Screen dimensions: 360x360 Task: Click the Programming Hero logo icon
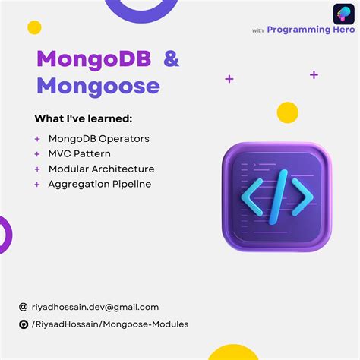(x=343, y=14)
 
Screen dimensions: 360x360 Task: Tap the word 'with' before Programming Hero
(x=257, y=31)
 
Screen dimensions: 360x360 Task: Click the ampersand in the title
(x=172, y=59)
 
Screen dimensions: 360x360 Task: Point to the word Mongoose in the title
(x=99, y=86)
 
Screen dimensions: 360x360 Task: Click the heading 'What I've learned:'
(x=83, y=118)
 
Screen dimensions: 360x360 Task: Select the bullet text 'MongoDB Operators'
(x=99, y=139)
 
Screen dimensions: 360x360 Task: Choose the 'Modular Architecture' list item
(x=101, y=169)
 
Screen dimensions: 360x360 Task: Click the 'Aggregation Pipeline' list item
(x=99, y=184)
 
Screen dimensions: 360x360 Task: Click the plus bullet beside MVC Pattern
(x=37, y=154)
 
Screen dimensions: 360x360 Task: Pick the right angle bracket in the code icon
(x=303, y=194)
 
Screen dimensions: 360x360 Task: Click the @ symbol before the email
(x=24, y=308)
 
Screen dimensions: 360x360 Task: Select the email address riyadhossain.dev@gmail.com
(x=95, y=308)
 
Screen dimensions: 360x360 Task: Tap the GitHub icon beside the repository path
(x=24, y=324)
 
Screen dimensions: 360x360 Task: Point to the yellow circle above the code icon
(x=288, y=112)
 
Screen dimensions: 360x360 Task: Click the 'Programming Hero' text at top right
(x=311, y=30)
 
